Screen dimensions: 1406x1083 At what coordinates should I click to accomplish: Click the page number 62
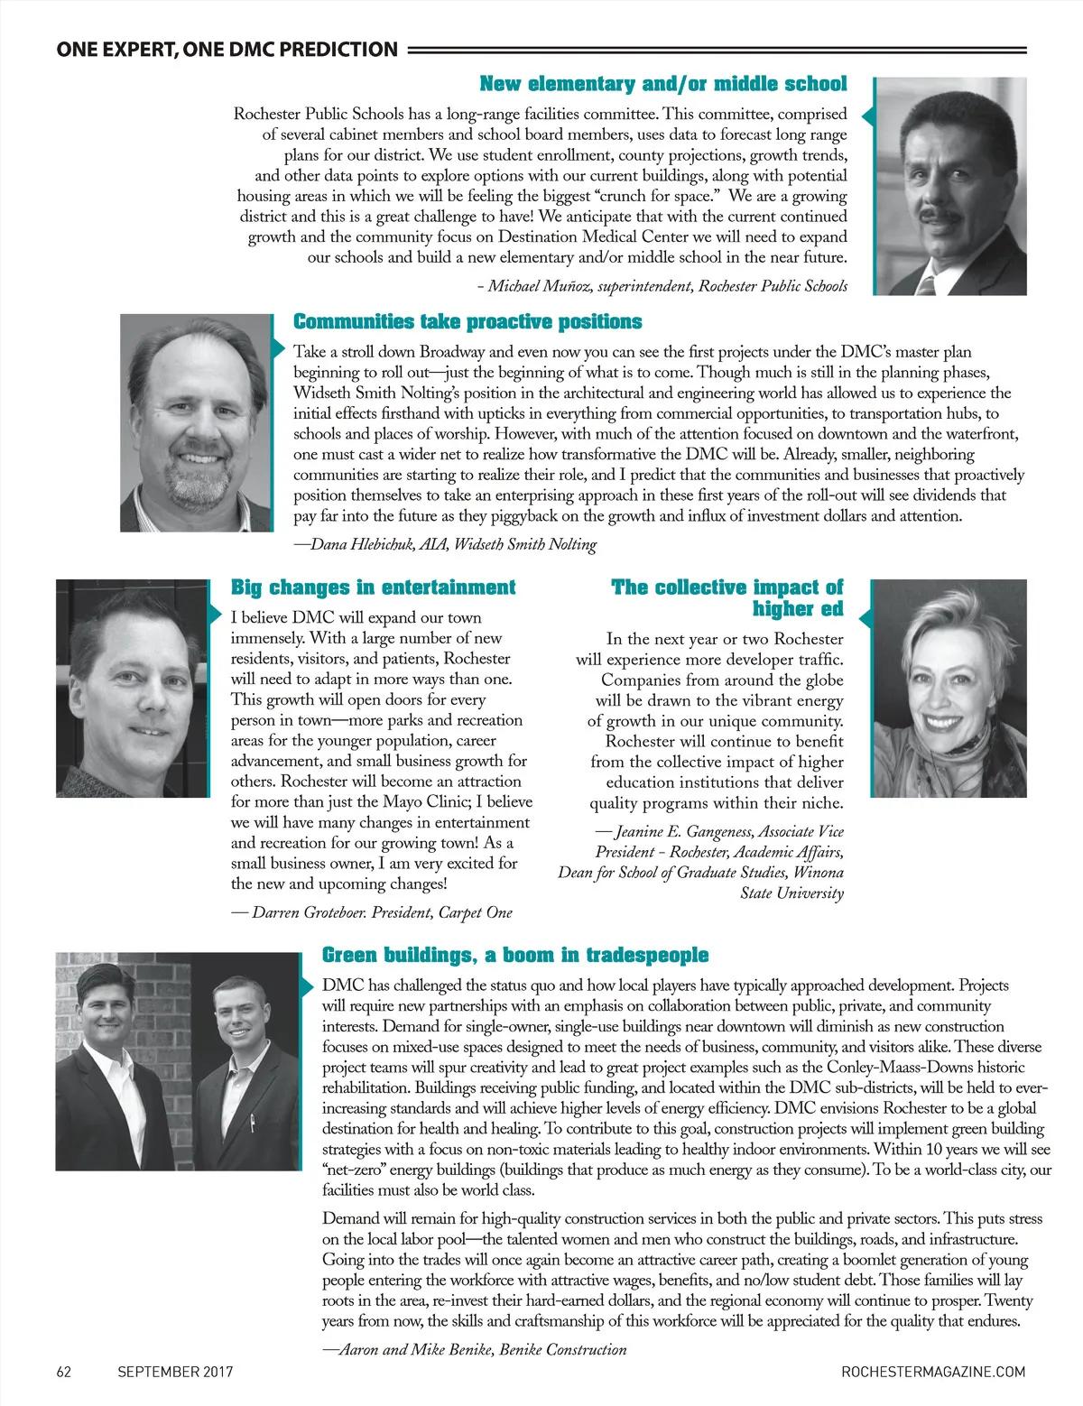click(64, 1372)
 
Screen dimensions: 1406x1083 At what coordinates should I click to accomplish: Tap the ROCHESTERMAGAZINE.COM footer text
click(932, 1372)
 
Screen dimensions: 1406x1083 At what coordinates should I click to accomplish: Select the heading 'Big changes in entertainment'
click(374, 587)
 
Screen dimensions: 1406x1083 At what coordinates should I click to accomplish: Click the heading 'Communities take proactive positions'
click(467, 322)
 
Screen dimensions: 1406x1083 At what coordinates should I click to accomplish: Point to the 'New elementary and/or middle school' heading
click(663, 85)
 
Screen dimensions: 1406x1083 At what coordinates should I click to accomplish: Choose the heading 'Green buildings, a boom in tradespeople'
click(515, 955)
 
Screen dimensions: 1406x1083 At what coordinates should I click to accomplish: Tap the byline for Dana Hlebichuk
click(445, 544)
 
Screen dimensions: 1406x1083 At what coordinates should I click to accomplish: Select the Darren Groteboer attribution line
click(372, 912)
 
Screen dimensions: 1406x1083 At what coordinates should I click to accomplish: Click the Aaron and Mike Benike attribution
click(474, 1350)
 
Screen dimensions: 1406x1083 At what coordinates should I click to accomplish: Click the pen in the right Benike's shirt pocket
click(252, 1124)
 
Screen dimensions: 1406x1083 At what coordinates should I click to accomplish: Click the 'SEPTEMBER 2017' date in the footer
click(175, 1372)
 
